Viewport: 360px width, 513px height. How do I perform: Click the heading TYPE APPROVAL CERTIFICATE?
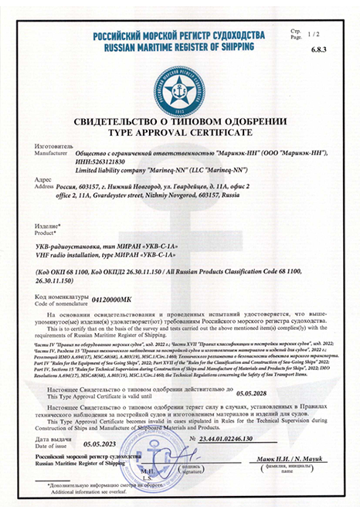pos(180,132)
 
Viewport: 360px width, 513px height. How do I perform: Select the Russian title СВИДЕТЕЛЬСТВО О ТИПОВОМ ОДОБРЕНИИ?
pos(180,122)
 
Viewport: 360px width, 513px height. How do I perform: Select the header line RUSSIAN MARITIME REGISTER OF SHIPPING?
pos(180,45)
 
